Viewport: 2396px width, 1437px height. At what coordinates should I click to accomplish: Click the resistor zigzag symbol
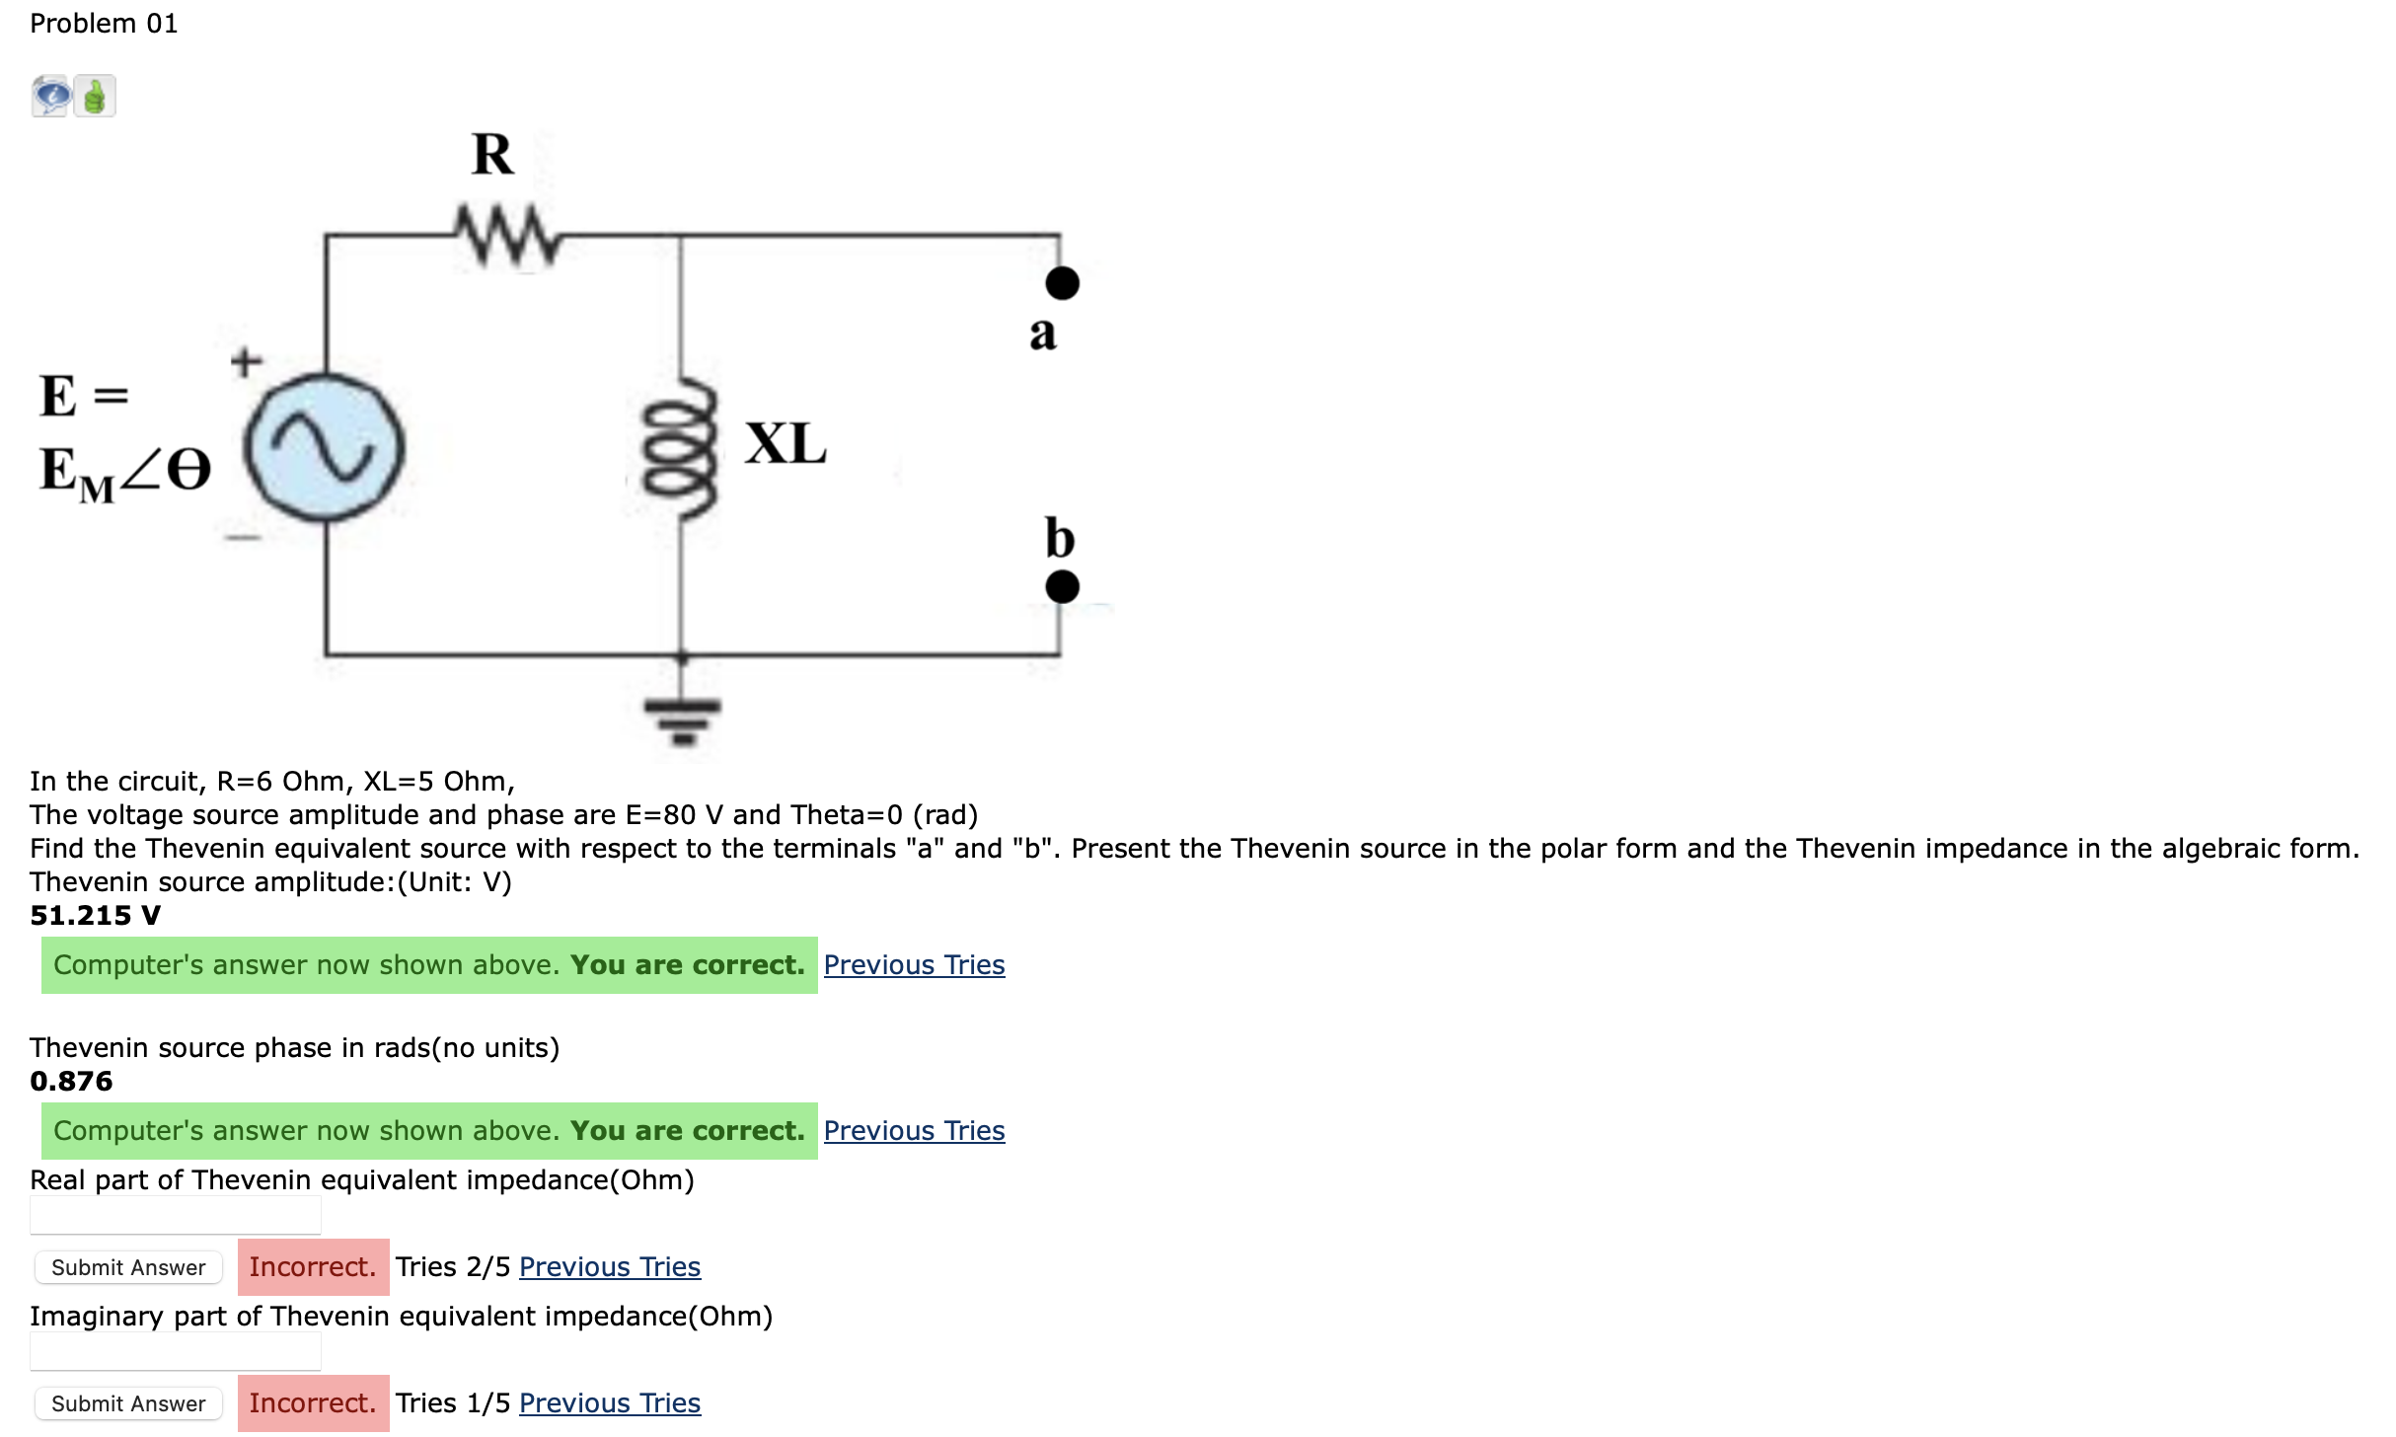click(x=507, y=235)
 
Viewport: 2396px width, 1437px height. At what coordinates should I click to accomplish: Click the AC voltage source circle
click(x=325, y=447)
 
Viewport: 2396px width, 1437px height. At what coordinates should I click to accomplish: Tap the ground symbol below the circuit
click(x=682, y=718)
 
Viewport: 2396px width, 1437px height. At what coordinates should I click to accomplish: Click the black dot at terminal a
click(x=1062, y=283)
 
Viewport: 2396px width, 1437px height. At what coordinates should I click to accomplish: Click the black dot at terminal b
click(x=1062, y=586)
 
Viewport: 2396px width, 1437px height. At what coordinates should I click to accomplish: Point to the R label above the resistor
click(x=492, y=154)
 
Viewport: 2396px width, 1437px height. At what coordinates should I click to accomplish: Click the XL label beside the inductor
click(x=786, y=443)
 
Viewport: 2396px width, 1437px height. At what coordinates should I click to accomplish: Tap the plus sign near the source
click(x=247, y=361)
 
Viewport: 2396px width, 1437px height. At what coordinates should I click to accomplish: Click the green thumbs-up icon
click(x=95, y=97)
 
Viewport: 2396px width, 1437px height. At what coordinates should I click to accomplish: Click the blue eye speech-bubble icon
click(x=51, y=97)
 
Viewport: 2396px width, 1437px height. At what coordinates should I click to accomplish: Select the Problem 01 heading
click(x=104, y=24)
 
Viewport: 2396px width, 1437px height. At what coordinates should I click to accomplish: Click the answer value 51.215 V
click(x=95, y=916)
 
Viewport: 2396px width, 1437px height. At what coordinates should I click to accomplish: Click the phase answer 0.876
click(x=71, y=1082)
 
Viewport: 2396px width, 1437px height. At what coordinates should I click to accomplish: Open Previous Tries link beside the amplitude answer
click(x=914, y=965)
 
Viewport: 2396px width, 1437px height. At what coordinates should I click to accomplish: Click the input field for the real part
click(x=176, y=1215)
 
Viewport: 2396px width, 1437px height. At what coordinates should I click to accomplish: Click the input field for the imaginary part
click(x=176, y=1351)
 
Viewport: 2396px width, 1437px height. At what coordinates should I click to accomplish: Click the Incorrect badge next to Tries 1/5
click(x=313, y=1403)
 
